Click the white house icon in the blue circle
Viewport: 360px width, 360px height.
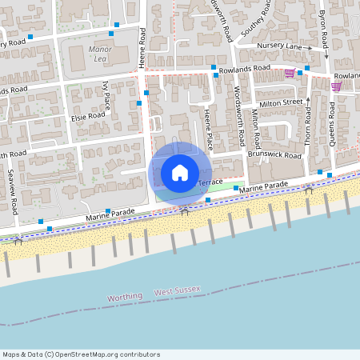(x=180, y=172)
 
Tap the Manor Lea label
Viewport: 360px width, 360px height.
(x=100, y=54)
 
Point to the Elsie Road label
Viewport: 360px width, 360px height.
(x=88, y=114)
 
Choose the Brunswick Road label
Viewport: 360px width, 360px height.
(x=274, y=154)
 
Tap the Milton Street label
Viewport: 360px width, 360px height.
(x=282, y=102)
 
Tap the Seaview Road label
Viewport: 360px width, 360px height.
(x=14, y=190)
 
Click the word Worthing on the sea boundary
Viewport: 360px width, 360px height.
(x=126, y=297)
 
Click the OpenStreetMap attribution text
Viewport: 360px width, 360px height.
(x=81, y=354)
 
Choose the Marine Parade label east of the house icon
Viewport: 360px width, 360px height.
(x=262, y=186)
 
